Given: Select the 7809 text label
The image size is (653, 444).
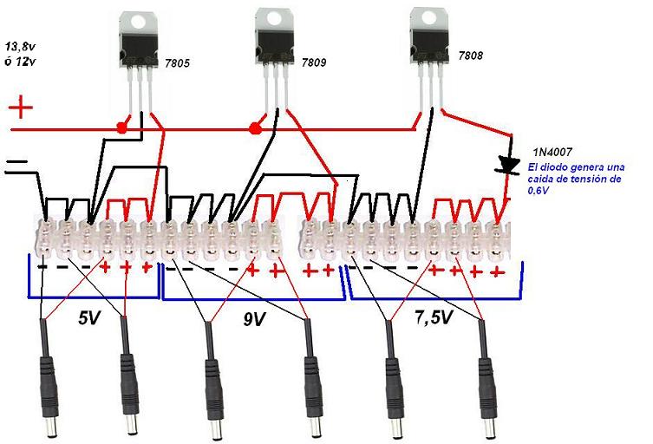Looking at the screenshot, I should pos(316,63).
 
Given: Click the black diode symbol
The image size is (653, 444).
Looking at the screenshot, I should pos(509,164).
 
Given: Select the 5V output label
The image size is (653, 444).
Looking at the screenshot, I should pos(88,318).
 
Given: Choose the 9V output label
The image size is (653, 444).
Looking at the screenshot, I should pos(253,319).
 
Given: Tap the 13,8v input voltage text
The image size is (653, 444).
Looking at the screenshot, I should pos(25,46).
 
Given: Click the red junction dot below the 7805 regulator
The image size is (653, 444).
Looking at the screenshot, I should pos(122,128).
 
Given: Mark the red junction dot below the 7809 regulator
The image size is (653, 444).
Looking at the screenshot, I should pos(255,129).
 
